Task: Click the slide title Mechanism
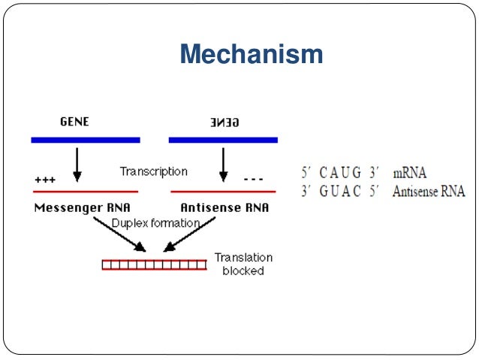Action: pyautogui.click(x=252, y=55)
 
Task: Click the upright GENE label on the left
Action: pyautogui.click(x=74, y=122)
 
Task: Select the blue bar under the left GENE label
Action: pyautogui.click(x=85, y=140)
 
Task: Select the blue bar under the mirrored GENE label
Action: pyautogui.click(x=223, y=140)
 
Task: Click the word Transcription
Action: pyautogui.click(x=153, y=171)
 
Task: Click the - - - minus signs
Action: pyautogui.click(x=254, y=180)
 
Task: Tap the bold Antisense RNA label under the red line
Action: pyautogui.click(x=223, y=207)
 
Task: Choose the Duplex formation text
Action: pyautogui.click(x=155, y=223)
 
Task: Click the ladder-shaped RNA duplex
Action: pyautogui.click(x=155, y=264)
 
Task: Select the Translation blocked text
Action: pyautogui.click(x=243, y=264)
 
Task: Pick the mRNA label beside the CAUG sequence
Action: pyautogui.click(x=409, y=173)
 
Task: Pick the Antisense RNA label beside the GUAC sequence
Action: pyautogui.click(x=429, y=191)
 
